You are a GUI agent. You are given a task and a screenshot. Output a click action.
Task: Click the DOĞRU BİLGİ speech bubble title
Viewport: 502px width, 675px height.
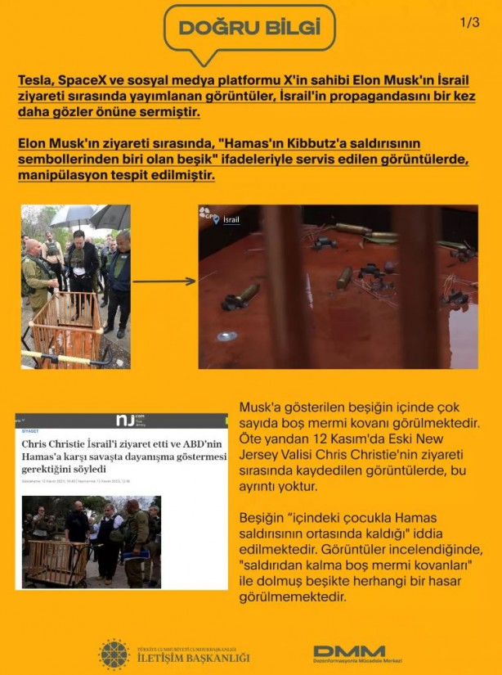[x=249, y=29]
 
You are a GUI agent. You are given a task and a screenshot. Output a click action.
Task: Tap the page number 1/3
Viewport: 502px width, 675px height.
[x=470, y=22]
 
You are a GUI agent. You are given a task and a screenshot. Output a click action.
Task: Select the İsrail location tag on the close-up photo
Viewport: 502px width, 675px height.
[x=231, y=219]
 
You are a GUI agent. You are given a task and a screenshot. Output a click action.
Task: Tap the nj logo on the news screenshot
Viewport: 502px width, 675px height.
[x=124, y=421]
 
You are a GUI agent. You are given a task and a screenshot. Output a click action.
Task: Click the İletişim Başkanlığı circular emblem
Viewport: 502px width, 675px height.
[x=114, y=653]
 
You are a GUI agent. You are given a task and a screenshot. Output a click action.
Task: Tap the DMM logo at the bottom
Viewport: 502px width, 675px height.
[x=349, y=650]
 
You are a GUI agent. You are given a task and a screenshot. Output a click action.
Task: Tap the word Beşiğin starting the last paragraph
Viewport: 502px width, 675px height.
[x=262, y=518]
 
